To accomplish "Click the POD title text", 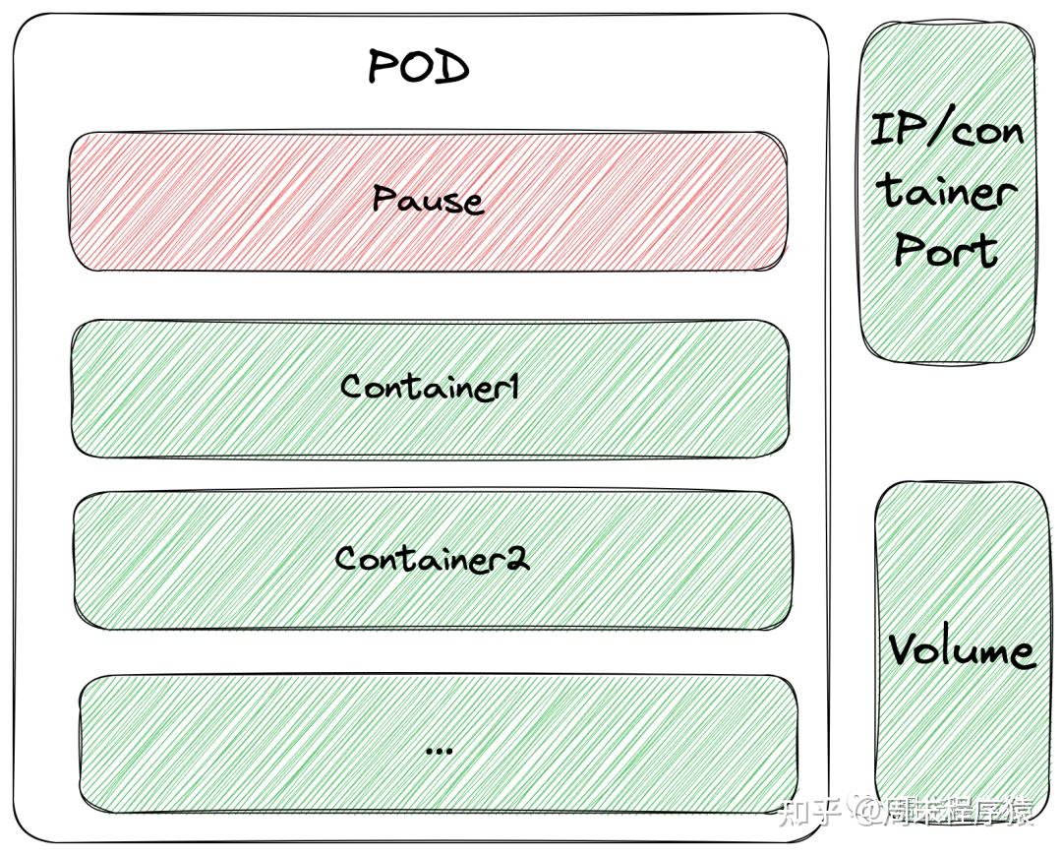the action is point(419,67).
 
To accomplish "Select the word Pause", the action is point(428,200).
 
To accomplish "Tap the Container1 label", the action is point(430,387).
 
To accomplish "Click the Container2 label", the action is point(432,559).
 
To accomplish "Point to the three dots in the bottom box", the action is point(439,751).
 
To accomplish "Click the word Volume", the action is point(961,650).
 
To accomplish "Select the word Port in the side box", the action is point(946,249).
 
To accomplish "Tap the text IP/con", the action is point(947,129).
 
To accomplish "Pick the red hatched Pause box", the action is point(428,202).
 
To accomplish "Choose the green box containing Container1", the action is point(430,389).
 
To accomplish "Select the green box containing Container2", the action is point(432,561).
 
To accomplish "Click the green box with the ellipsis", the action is point(439,744).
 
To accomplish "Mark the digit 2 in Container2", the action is point(518,559).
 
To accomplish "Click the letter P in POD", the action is point(382,67).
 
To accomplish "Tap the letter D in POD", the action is point(453,68).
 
